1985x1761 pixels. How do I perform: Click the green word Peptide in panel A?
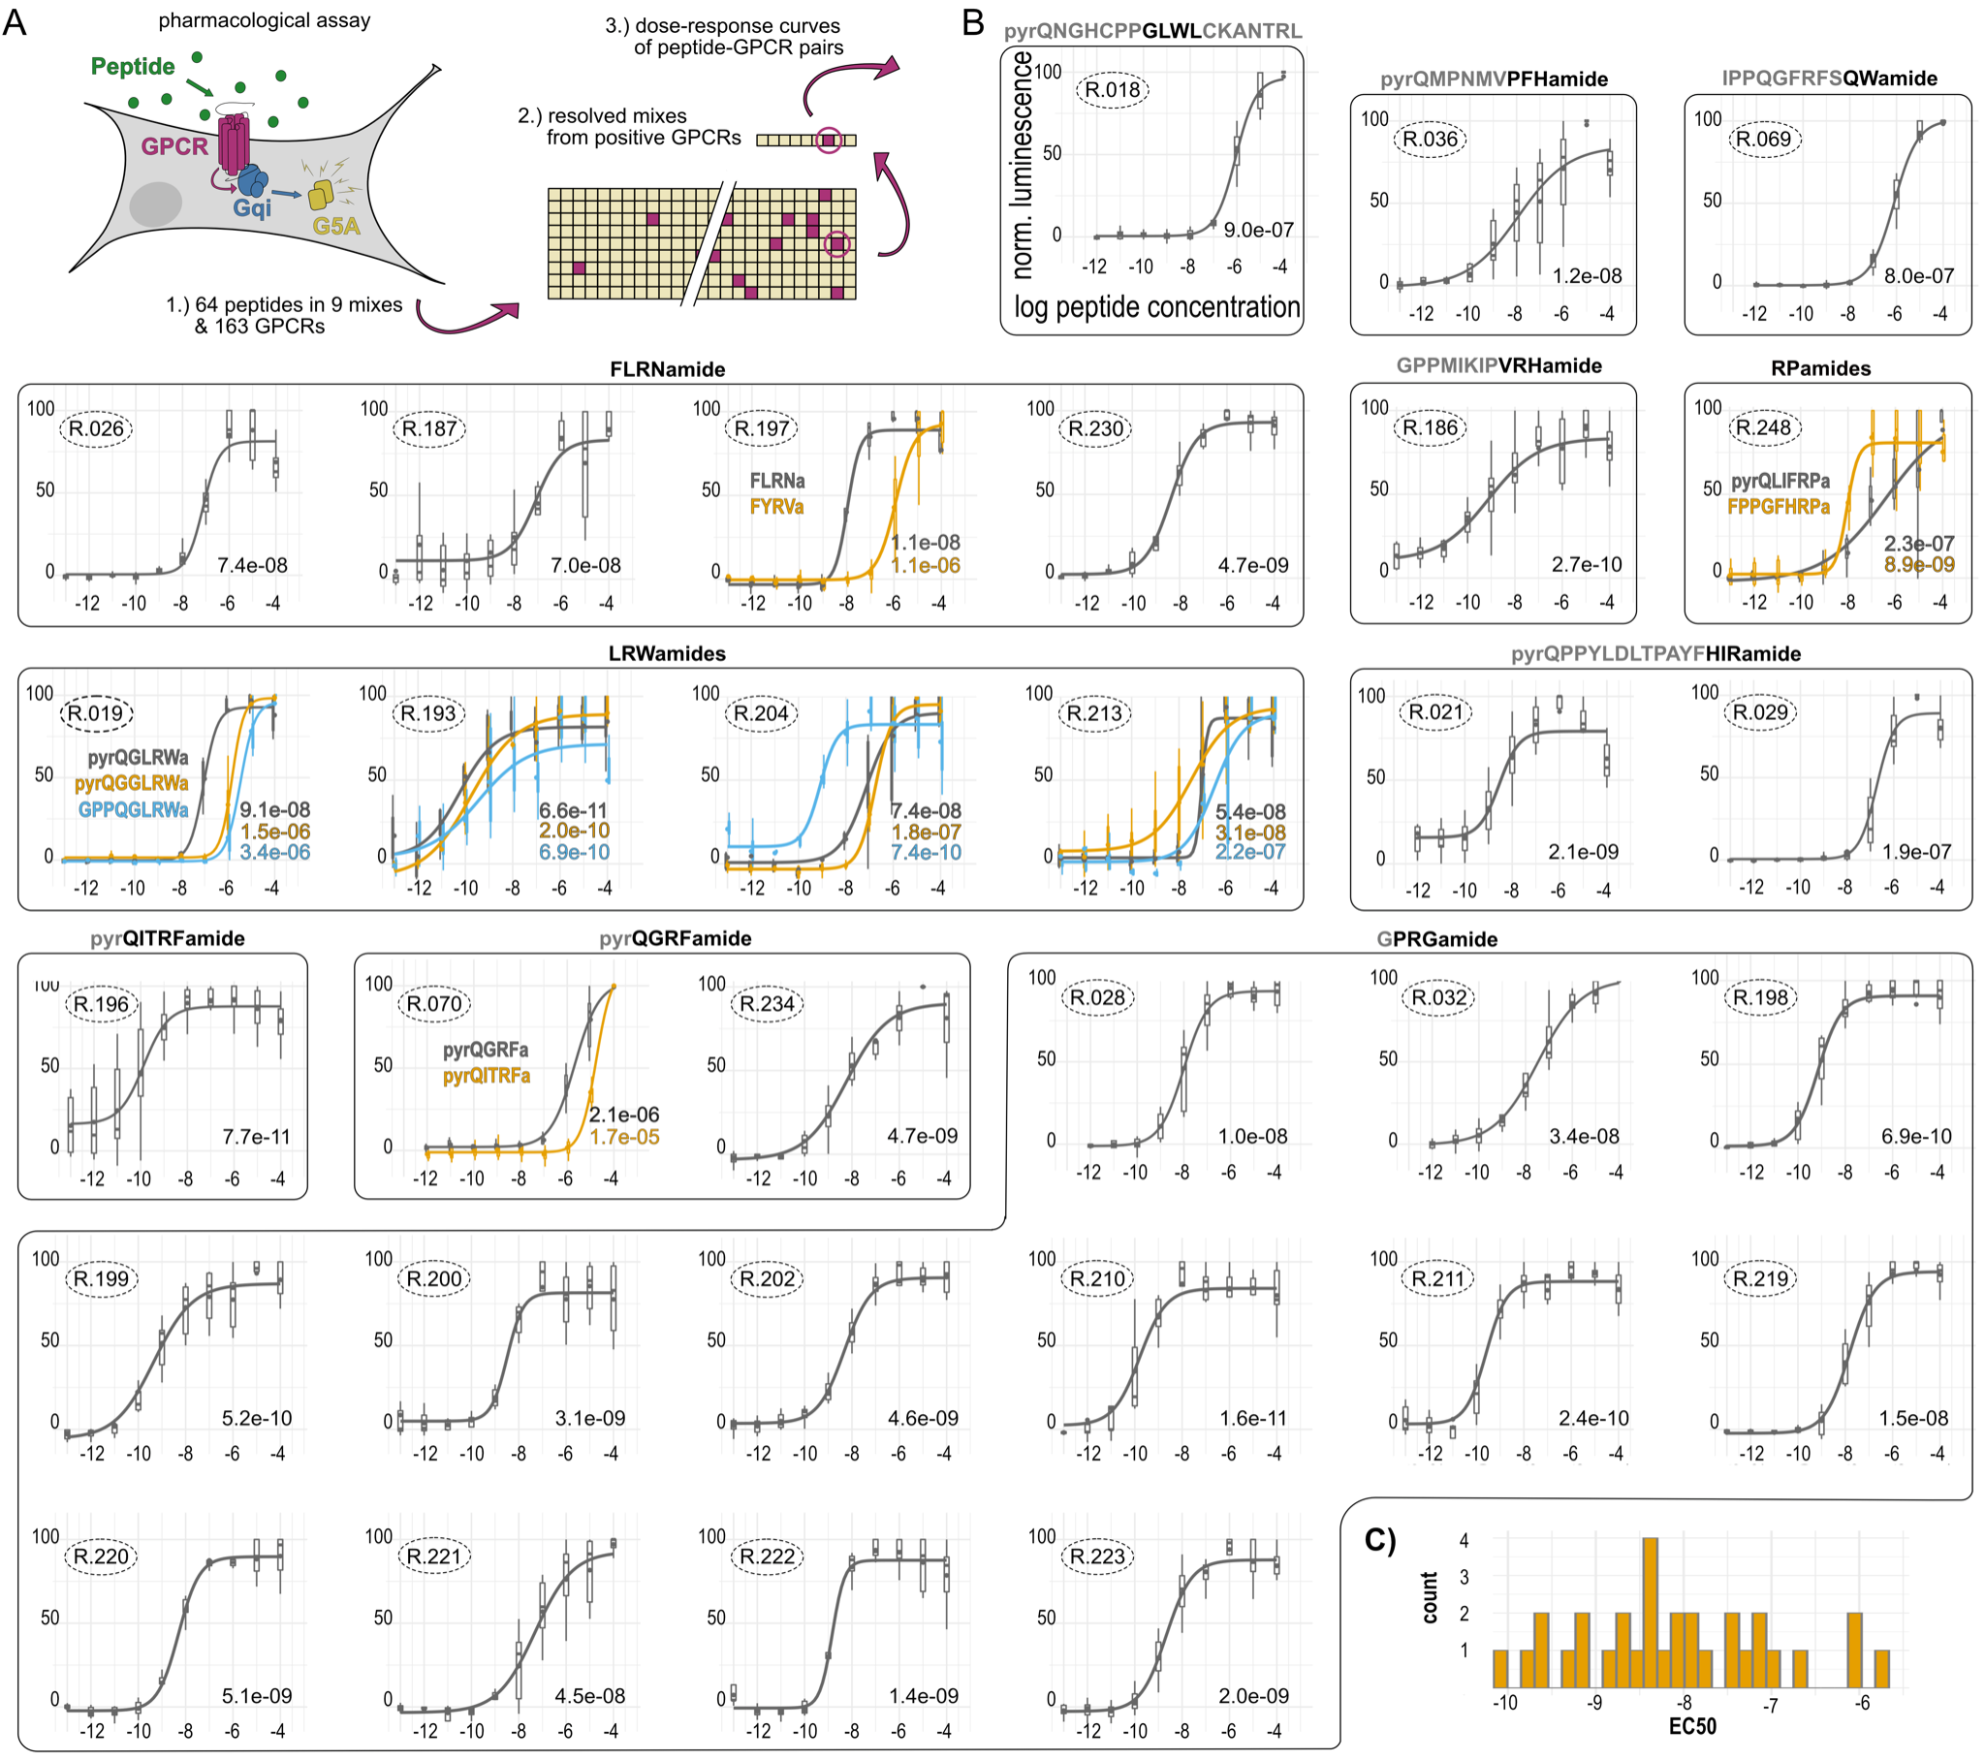[x=133, y=66]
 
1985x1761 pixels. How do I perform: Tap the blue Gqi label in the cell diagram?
[x=252, y=207]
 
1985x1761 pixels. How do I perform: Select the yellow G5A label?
[x=336, y=227]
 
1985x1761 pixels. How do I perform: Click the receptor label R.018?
[x=1112, y=90]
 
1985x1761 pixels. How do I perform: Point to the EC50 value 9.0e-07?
[x=1258, y=231]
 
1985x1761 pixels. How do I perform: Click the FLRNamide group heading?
[x=667, y=370]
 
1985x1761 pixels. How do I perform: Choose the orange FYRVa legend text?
[x=776, y=506]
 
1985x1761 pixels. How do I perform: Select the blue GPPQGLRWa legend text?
[x=133, y=810]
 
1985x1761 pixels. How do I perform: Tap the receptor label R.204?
[x=762, y=714]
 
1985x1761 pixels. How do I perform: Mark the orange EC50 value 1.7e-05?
[x=624, y=1137]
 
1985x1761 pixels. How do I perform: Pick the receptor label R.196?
[x=101, y=1004]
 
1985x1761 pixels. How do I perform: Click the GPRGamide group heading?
[x=1436, y=939]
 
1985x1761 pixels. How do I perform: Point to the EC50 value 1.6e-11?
[x=1253, y=1418]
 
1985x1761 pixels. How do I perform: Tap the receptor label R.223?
[x=1096, y=1557]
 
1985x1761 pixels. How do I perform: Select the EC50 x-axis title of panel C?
[x=1691, y=1726]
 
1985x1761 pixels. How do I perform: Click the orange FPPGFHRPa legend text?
[x=1779, y=506]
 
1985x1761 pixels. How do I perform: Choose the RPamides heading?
[x=1820, y=369]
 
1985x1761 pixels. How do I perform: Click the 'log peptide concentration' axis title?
[x=1156, y=307]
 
